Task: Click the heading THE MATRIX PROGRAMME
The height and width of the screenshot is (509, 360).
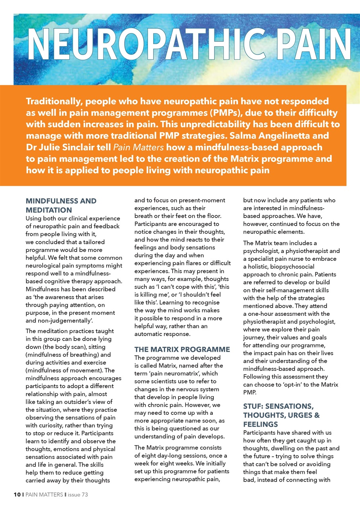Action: (182, 350)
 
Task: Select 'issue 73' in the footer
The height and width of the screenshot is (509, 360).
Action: (78, 495)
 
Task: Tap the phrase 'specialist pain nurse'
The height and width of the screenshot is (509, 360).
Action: (279, 258)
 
